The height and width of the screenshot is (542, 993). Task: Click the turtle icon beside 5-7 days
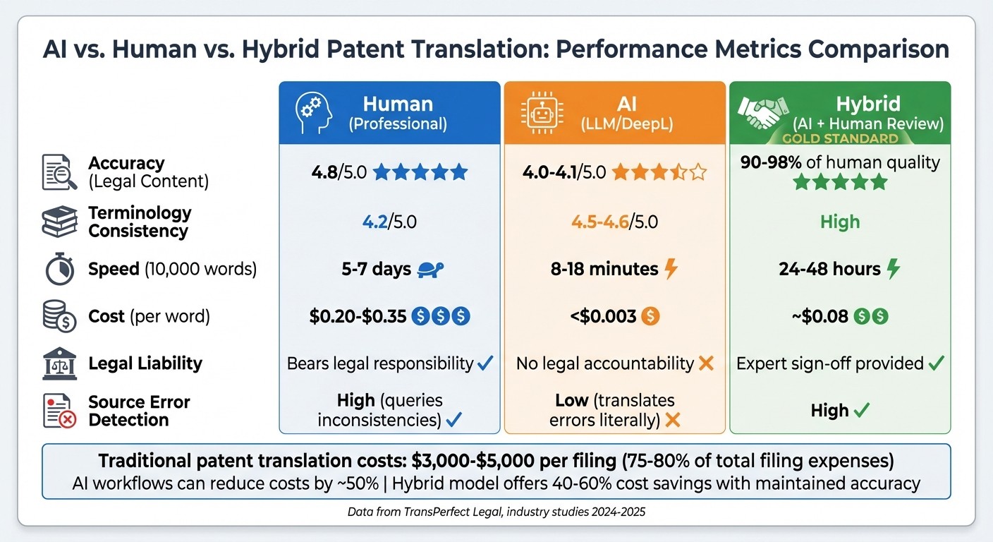point(430,269)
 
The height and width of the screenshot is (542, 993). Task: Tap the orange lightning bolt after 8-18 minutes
point(671,269)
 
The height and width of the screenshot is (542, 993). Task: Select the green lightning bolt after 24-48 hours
point(894,269)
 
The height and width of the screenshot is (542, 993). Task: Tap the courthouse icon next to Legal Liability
point(60,364)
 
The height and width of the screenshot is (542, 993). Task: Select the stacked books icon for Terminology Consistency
point(60,222)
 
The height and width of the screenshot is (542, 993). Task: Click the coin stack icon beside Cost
point(60,317)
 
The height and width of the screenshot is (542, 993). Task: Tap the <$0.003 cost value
point(603,317)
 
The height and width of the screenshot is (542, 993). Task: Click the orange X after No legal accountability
point(705,364)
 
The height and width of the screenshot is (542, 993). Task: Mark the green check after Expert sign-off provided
point(936,364)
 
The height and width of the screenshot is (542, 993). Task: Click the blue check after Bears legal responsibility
point(485,364)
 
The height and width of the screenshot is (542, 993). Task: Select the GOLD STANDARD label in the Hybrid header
point(839,139)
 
